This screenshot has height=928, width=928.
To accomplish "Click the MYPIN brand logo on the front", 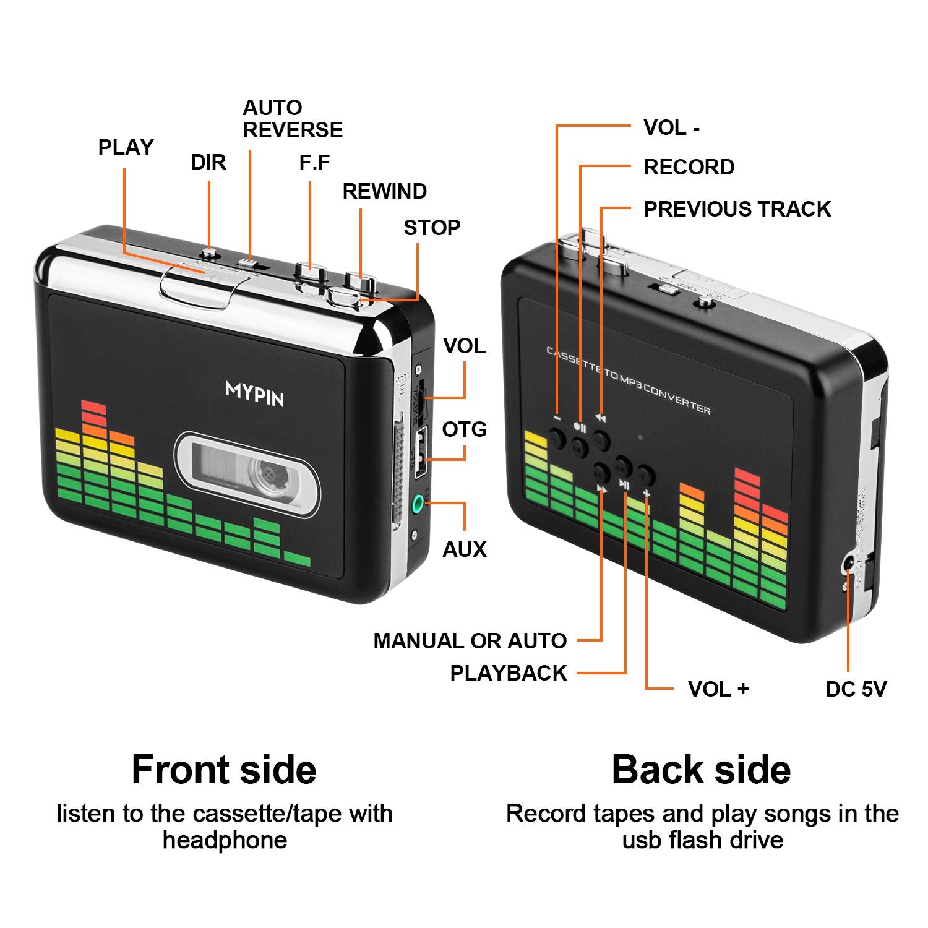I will click(x=255, y=393).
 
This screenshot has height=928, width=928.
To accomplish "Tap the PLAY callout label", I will click(x=126, y=147).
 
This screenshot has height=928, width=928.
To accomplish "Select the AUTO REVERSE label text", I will click(x=292, y=119).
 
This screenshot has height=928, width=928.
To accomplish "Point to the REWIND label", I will click(x=384, y=191).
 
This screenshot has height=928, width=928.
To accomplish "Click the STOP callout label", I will click(x=432, y=228).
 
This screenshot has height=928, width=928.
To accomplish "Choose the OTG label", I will click(x=464, y=429).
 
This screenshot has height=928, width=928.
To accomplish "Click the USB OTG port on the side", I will click(x=421, y=455).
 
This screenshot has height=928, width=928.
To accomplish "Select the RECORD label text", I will click(x=689, y=167).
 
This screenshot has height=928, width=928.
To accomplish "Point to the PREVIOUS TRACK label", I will click(x=737, y=209).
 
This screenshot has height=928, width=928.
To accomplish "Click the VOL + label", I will click(x=718, y=689).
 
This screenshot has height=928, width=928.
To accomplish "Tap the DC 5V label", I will click(x=856, y=689).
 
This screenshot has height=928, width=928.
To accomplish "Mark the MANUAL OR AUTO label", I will click(x=470, y=641).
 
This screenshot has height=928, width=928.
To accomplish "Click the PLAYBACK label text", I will click(x=508, y=673).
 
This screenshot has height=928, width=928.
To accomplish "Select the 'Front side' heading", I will click(x=224, y=770).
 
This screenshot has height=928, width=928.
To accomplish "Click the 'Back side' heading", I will click(x=701, y=770).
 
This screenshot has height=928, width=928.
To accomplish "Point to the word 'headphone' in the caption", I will click(x=225, y=840).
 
